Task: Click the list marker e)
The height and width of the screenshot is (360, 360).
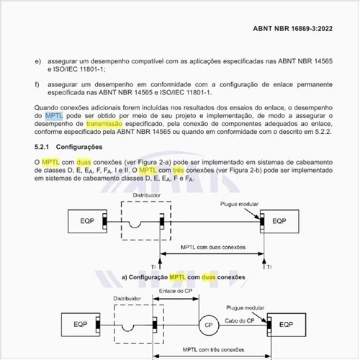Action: point(37,63)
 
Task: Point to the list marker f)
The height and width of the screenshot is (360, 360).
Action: point(37,85)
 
